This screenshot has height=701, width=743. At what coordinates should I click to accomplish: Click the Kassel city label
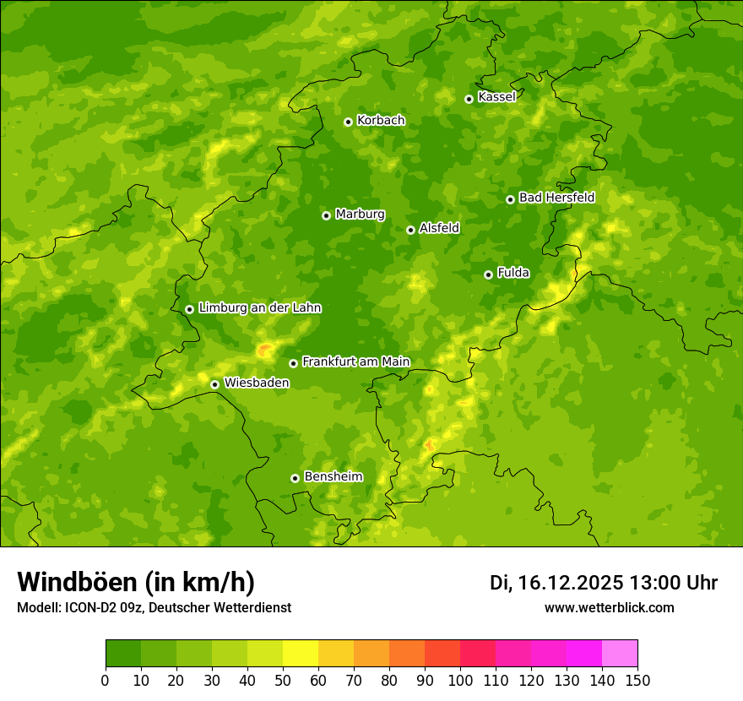tap(496, 97)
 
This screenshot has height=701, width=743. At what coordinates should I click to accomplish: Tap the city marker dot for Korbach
tap(348, 122)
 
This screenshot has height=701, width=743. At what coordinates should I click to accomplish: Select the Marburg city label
tap(360, 215)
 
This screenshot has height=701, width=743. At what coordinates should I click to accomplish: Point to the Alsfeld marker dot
tap(410, 230)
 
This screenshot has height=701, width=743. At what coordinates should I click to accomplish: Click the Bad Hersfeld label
tap(556, 198)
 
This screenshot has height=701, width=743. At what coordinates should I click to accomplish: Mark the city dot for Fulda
tap(488, 274)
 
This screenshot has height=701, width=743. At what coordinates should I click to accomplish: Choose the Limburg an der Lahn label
tap(259, 308)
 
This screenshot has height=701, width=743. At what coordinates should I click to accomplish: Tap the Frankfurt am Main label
tap(355, 362)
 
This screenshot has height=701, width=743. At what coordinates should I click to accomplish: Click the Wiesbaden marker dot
tap(214, 384)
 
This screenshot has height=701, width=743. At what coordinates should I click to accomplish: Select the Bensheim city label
tap(333, 477)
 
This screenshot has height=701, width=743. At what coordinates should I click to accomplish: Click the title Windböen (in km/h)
tap(136, 582)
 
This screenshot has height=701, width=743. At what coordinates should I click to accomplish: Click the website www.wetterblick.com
tap(609, 607)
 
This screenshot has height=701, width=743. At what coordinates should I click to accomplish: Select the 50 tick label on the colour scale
tap(283, 680)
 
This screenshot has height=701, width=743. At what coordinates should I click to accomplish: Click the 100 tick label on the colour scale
tap(460, 680)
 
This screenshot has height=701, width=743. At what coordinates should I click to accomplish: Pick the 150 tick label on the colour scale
tap(637, 680)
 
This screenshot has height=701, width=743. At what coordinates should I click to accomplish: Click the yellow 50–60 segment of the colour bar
tap(301, 654)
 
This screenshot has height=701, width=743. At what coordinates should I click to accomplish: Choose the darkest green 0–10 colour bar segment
tap(123, 654)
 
